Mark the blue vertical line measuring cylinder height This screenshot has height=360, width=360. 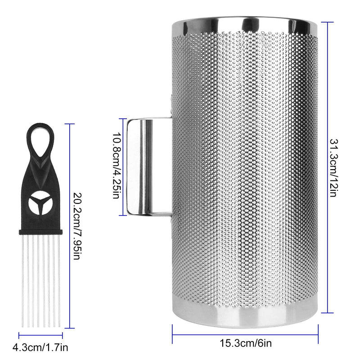[x=327, y=167]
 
